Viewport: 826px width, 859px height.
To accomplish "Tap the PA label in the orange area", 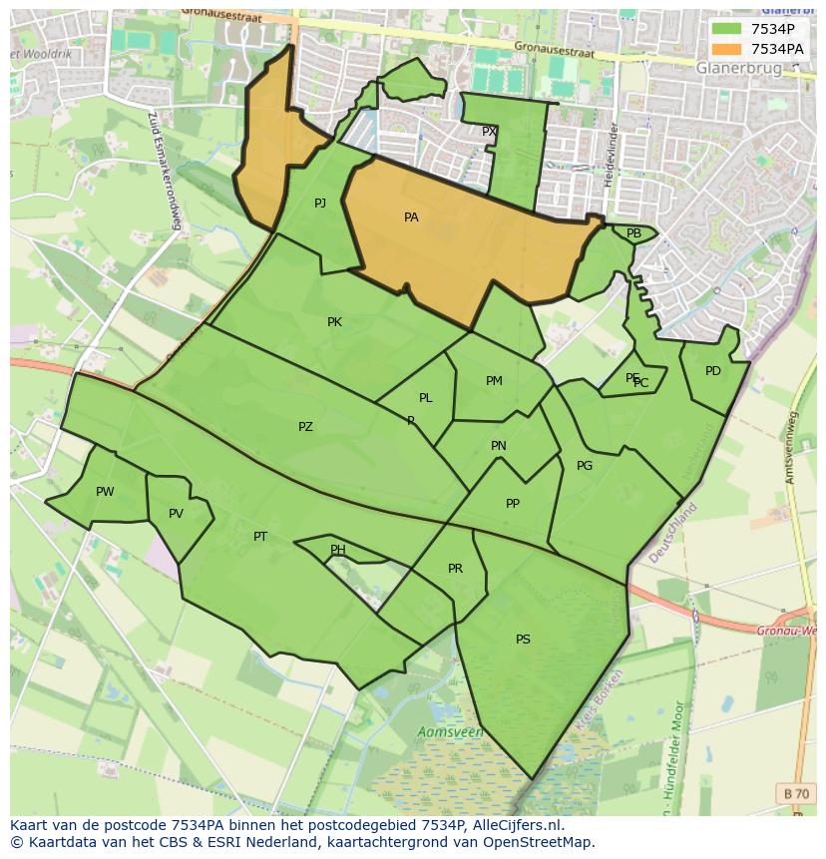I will [411, 217].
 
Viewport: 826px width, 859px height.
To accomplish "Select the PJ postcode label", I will [320, 204].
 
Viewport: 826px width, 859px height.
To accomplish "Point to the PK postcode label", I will [334, 322].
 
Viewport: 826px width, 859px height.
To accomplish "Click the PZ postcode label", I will [305, 427].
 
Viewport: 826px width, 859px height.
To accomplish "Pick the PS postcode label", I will [523, 640].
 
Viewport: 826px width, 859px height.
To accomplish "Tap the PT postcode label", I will [260, 537].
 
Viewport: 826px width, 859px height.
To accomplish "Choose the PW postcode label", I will [105, 492].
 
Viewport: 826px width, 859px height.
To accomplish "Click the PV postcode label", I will [176, 515].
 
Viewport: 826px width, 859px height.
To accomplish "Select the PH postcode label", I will [338, 550].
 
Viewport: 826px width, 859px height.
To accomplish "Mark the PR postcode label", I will [455, 569].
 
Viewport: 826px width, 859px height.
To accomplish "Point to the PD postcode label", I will [712, 371].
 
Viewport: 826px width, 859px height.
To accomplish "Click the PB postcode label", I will [633, 233].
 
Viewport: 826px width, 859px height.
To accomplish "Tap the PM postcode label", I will [494, 381].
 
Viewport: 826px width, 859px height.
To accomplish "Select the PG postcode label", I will [585, 466].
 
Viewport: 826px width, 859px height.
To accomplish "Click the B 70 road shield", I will [796, 794].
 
